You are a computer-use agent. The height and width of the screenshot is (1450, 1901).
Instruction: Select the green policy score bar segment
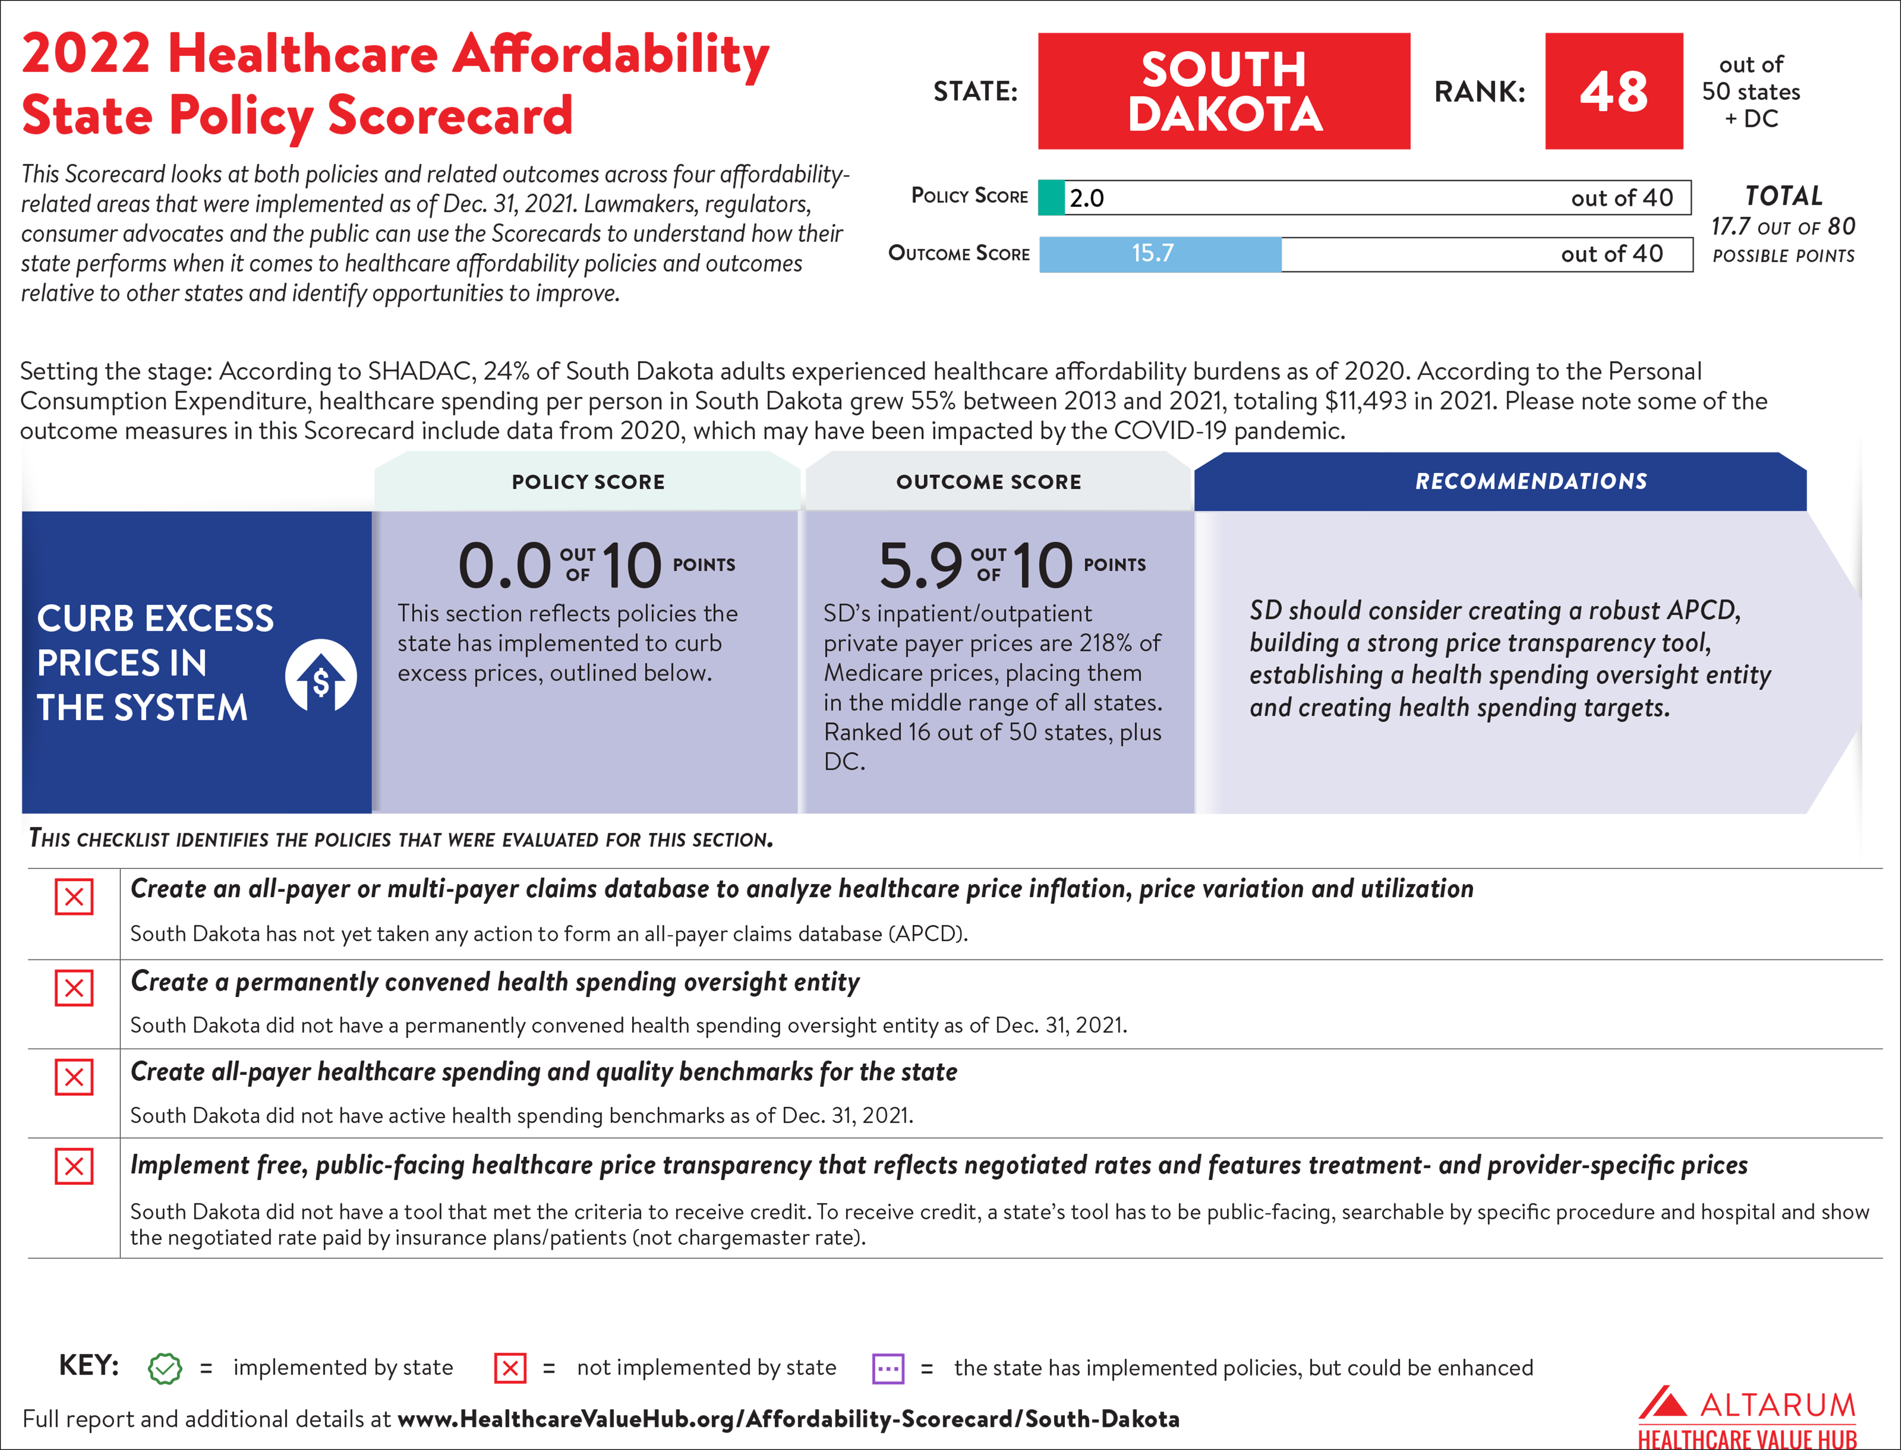pos(1051,198)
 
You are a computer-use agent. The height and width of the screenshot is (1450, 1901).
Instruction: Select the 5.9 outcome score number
pos(920,566)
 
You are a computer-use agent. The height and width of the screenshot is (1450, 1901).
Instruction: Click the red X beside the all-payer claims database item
pos(74,897)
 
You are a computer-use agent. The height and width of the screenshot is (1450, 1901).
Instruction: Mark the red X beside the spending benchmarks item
pos(74,1077)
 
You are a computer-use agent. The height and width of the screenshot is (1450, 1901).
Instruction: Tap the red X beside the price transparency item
pos(74,1167)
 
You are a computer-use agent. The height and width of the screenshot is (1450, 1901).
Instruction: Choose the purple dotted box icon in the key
pos(888,1368)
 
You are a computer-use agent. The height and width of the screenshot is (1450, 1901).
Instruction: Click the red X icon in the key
pos(510,1368)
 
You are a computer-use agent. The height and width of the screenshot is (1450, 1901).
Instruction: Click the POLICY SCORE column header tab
pos(588,482)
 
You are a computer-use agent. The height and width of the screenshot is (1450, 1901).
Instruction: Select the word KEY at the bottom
pos(88,1366)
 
